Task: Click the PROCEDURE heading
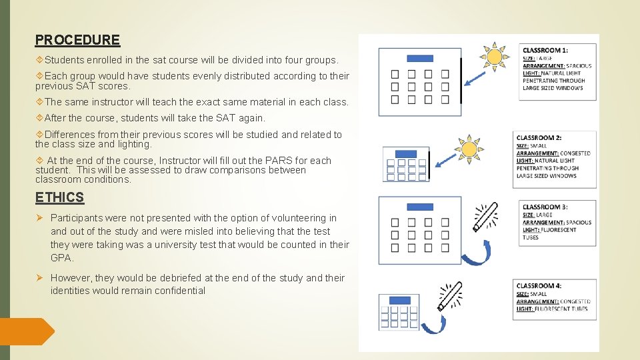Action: (77, 40)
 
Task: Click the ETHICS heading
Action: (59, 197)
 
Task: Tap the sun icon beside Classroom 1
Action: (494, 57)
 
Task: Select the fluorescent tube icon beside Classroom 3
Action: (485, 217)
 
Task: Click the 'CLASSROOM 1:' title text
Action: (545, 51)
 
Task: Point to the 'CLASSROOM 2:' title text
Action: (539, 138)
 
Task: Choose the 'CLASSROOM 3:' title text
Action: (545, 207)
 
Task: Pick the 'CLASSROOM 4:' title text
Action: (539, 286)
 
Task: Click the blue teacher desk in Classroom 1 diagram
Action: (419, 59)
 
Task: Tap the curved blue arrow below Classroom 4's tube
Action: (435, 325)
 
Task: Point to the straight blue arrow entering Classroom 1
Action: (476, 79)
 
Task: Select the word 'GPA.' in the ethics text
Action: (62, 258)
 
